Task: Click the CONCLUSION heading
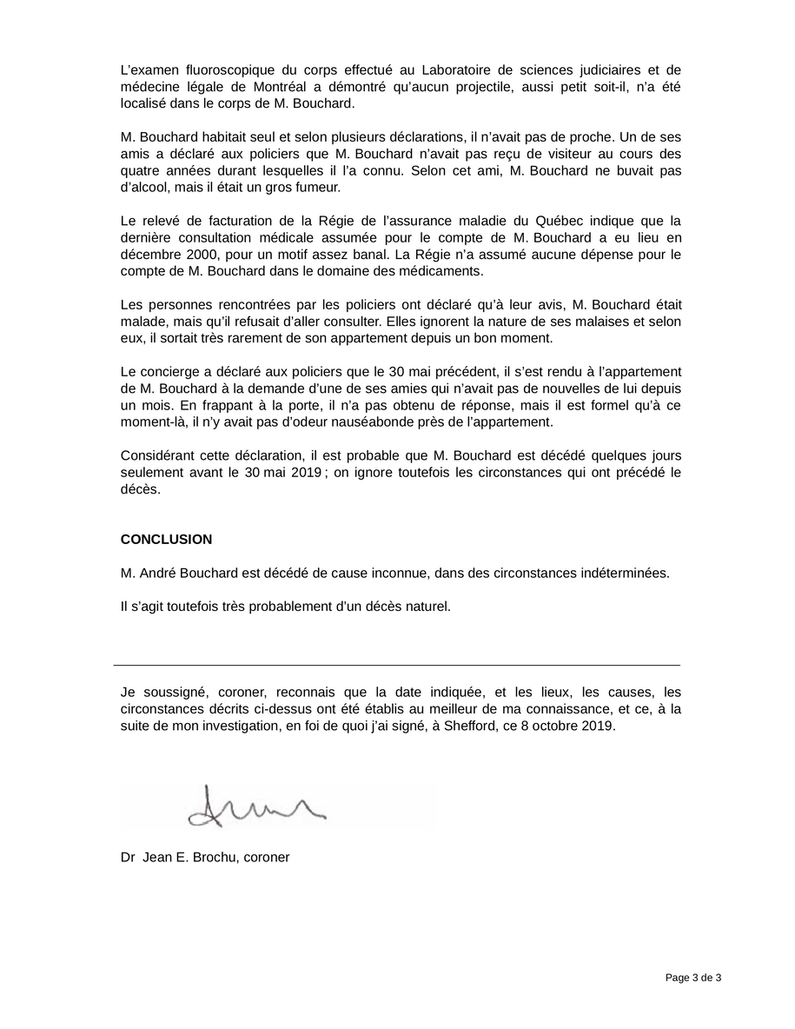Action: pyautogui.click(x=166, y=540)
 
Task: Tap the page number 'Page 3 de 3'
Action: pyautogui.click(x=693, y=978)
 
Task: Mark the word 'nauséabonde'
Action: pyautogui.click(x=441, y=422)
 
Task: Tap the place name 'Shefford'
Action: pyautogui.click(x=470, y=727)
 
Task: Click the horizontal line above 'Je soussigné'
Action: pyautogui.click(x=397, y=665)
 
